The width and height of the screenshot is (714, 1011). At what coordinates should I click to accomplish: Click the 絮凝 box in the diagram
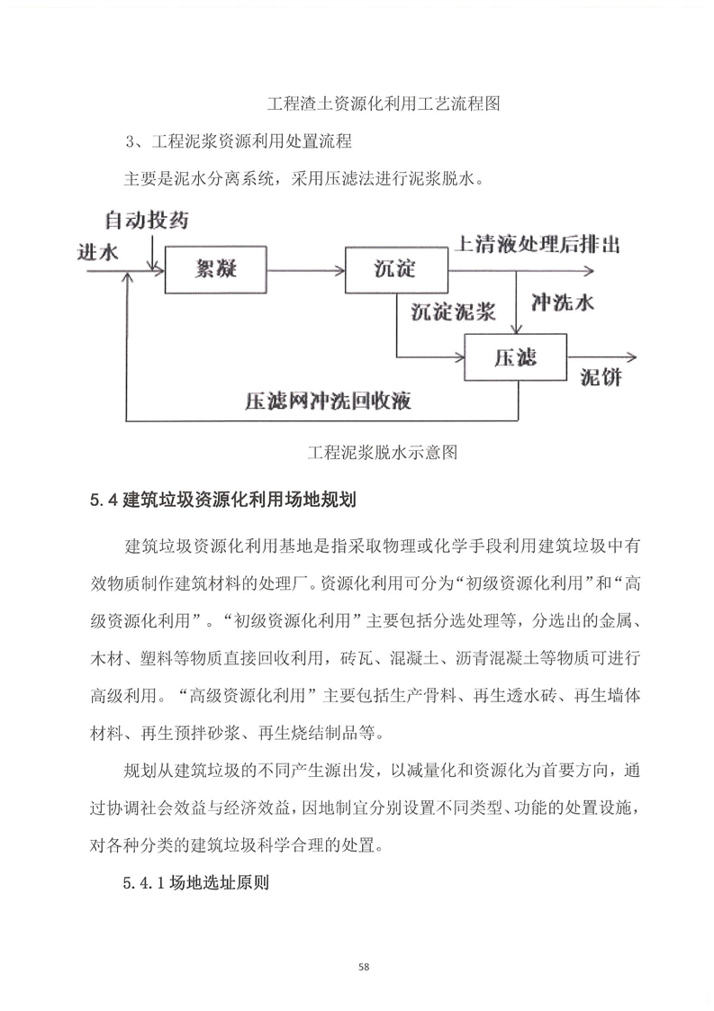click(216, 268)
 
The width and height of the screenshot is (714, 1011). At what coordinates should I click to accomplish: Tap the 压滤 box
click(514, 357)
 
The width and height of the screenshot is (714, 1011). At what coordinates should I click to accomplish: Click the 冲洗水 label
click(563, 302)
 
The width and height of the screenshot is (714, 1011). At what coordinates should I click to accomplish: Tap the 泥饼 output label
click(600, 375)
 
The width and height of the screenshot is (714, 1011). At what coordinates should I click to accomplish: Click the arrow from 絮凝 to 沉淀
click(307, 268)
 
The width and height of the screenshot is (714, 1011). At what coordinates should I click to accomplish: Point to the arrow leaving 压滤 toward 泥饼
click(601, 357)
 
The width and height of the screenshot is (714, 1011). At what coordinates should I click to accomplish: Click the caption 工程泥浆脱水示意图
click(383, 452)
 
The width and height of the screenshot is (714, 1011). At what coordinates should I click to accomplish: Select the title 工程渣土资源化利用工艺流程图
click(384, 104)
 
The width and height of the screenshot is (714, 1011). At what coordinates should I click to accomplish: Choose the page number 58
click(364, 967)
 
